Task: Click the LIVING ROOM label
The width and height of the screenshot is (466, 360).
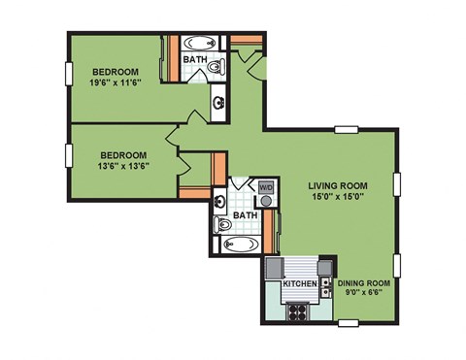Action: pyautogui.click(x=336, y=184)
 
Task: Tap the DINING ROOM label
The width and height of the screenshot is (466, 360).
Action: pyautogui.click(x=364, y=282)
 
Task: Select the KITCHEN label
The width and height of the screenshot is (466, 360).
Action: pyautogui.click(x=300, y=284)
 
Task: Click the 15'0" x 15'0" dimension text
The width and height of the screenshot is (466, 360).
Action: pyautogui.click(x=336, y=197)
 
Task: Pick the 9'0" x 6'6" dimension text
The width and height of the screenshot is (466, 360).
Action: pyautogui.click(x=364, y=293)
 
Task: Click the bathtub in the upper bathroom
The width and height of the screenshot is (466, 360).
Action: pyautogui.click(x=201, y=44)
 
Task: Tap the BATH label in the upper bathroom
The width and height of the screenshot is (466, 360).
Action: pyautogui.click(x=195, y=60)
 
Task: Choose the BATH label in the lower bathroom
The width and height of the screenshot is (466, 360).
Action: pyautogui.click(x=245, y=215)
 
